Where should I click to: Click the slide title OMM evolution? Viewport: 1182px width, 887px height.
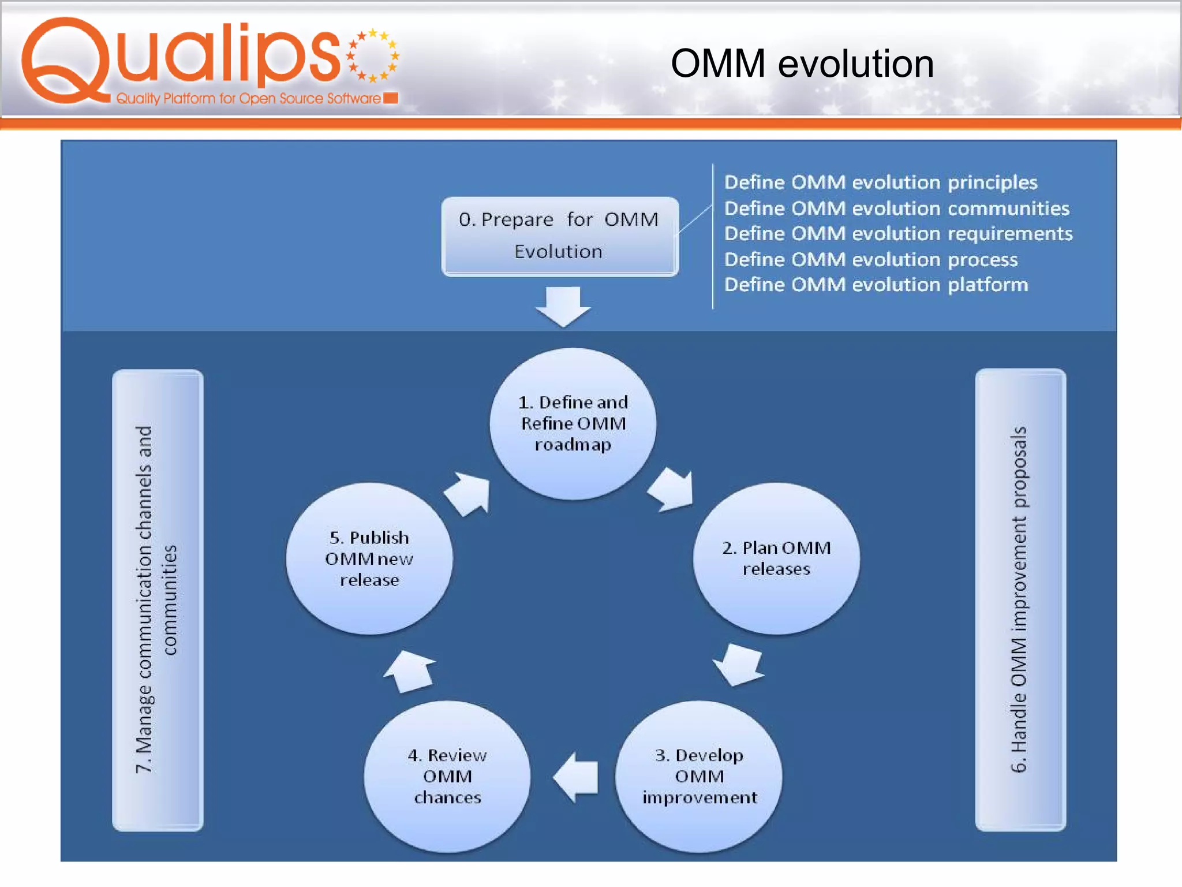(802, 64)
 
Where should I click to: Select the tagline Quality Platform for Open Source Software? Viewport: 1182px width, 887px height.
(248, 99)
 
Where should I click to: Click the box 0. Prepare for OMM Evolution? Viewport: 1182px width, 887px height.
(559, 236)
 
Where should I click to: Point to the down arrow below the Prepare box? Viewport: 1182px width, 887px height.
(563, 307)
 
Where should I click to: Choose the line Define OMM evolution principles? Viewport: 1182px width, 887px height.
(880, 182)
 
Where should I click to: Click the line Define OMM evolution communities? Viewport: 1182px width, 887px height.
(896, 208)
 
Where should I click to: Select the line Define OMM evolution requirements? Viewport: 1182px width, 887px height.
(898, 234)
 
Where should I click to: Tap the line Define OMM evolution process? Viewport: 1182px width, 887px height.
(870, 260)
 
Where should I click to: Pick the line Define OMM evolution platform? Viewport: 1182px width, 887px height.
(876, 285)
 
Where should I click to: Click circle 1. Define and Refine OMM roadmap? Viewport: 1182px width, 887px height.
(573, 424)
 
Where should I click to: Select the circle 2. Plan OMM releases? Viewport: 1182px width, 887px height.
(776, 558)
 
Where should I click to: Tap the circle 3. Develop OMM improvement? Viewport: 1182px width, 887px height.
(699, 776)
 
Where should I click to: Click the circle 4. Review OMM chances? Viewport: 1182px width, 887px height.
(447, 776)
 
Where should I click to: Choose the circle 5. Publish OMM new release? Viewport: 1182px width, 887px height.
(369, 558)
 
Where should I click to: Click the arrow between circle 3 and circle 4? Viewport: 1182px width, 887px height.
(576, 777)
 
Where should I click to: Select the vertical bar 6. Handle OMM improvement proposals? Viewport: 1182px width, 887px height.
(1020, 599)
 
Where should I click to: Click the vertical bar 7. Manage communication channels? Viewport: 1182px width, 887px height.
(158, 599)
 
